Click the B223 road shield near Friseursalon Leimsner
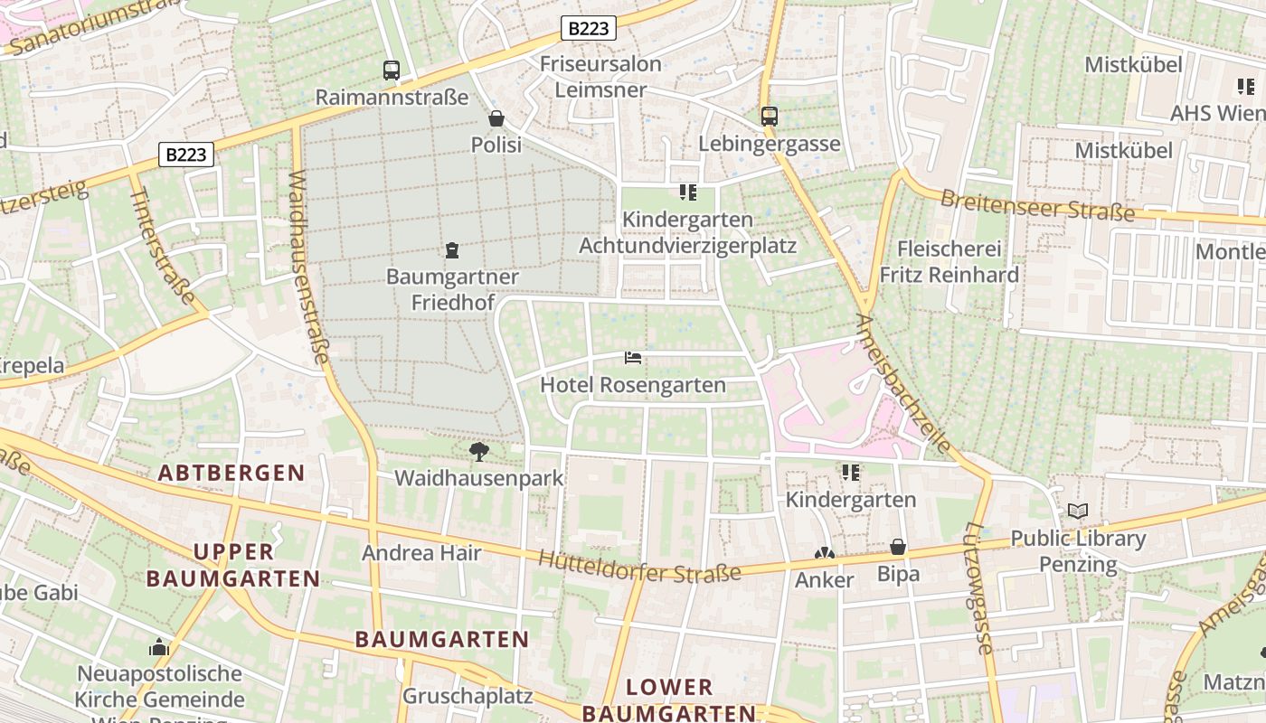tap(589, 28)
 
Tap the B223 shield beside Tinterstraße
tap(186, 155)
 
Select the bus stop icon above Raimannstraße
tap(392, 70)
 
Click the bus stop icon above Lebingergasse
tap(770, 116)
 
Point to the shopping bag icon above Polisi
tap(496, 118)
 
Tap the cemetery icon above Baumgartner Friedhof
tap(452, 250)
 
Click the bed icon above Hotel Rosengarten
tap(633, 358)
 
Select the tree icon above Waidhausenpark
tap(478, 451)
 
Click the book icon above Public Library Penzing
tap(1077, 512)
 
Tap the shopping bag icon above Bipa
tap(898, 547)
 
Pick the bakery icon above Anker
tap(824, 553)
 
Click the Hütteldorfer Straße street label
tap(639, 566)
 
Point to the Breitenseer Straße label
tap(1036, 205)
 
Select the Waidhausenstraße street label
tap(307, 268)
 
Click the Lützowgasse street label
tap(978, 587)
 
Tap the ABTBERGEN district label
tap(231, 473)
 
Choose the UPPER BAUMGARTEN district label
tap(233, 565)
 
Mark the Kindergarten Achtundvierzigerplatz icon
tap(687, 192)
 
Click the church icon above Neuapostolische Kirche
tap(159, 647)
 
